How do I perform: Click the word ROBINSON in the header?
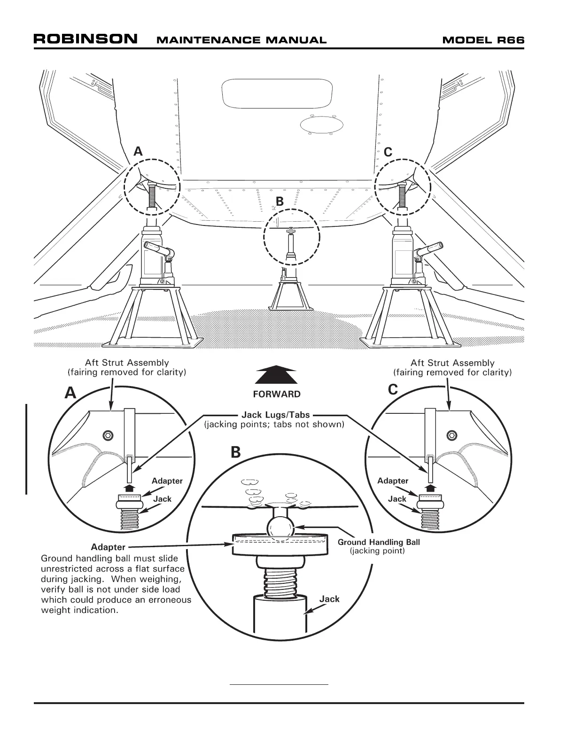click(85, 39)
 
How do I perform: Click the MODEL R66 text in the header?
click(483, 40)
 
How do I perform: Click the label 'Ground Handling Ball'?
click(379, 542)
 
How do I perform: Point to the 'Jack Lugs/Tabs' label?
click(276, 415)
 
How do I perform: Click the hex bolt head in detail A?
click(109, 434)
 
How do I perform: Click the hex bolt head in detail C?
click(452, 435)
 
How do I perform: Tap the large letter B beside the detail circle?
click(235, 452)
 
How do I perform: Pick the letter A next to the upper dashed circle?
click(138, 151)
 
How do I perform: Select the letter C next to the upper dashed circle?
click(388, 152)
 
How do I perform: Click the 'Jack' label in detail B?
click(329, 599)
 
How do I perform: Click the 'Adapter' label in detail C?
click(393, 480)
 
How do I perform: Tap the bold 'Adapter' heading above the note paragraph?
click(108, 547)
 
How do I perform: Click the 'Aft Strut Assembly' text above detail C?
click(452, 363)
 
